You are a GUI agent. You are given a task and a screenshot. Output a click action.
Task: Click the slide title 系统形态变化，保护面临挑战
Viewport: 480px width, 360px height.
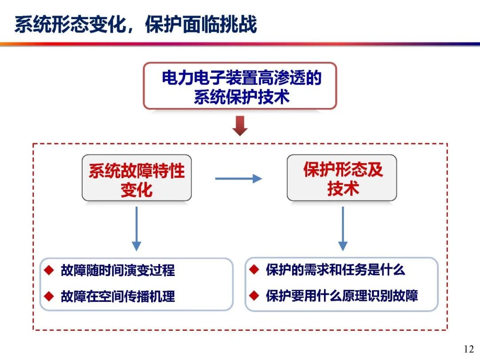[x=136, y=24]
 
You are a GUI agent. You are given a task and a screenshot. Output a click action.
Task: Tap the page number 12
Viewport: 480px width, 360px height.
[x=469, y=349]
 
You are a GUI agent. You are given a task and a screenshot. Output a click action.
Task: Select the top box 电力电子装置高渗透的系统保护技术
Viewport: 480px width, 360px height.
[x=240, y=86]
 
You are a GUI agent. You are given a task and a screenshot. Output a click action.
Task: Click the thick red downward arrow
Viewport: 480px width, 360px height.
[x=240, y=126]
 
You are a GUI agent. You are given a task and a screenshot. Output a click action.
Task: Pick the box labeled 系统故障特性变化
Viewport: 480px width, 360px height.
[x=136, y=178]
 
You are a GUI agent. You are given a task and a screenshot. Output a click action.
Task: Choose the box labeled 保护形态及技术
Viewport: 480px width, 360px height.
[x=342, y=178]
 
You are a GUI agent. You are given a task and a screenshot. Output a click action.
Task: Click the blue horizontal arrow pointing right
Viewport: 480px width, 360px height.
[x=239, y=179]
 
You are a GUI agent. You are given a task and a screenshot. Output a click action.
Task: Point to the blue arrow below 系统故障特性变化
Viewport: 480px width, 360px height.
[x=136, y=229]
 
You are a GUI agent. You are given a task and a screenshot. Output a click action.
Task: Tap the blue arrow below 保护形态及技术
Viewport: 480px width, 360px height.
[x=343, y=229]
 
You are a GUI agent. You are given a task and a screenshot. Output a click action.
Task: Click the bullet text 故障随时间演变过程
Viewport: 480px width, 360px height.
[x=118, y=270]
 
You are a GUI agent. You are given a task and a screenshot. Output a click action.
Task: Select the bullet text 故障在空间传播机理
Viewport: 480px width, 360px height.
[x=118, y=296]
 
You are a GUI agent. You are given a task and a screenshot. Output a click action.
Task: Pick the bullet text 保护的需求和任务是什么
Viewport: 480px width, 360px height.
[x=335, y=270]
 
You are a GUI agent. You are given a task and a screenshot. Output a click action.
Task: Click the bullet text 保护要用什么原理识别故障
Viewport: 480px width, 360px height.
[x=342, y=296]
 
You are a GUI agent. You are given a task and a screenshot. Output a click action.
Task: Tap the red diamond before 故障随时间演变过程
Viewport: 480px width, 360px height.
[x=49, y=270]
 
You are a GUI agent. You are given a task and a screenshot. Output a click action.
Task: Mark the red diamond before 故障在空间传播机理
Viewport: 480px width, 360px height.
[x=49, y=296]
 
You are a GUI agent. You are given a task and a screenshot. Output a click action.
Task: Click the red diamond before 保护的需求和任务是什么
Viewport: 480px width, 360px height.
[x=254, y=270]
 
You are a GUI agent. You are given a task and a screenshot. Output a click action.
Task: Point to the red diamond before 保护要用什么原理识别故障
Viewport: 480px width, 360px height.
[x=254, y=296]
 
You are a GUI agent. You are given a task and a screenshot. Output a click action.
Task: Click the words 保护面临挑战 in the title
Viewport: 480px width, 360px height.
[x=201, y=24]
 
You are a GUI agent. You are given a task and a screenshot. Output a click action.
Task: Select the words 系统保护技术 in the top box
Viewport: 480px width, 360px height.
[x=241, y=97]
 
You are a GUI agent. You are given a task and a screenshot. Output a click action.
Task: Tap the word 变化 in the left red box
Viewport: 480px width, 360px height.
[x=136, y=190]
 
